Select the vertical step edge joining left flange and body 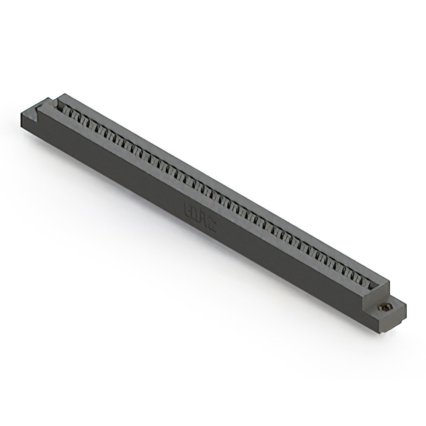[41, 120]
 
